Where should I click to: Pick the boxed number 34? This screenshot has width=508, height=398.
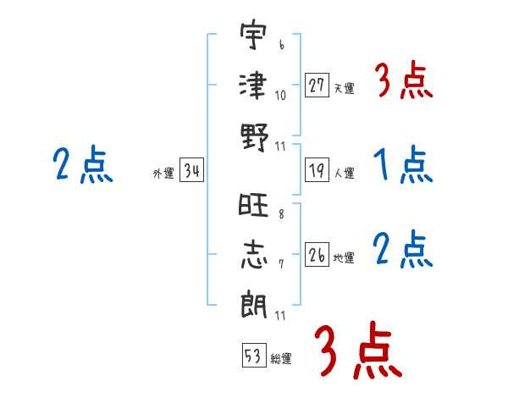point(191,170)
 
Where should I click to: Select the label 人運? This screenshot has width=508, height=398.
point(344,173)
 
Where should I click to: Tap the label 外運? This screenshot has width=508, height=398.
point(163,173)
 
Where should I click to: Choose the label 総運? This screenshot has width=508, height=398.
point(281,358)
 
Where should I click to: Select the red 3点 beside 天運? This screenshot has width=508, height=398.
point(403,82)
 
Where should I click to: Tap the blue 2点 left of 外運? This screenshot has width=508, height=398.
point(82,164)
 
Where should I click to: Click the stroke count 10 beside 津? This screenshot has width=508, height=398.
point(281,95)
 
